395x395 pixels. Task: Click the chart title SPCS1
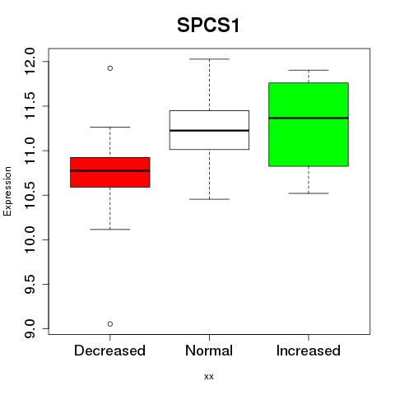click(208, 26)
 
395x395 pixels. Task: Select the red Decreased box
click(110, 172)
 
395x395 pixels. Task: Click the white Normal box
click(209, 130)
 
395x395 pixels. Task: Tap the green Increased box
click(309, 124)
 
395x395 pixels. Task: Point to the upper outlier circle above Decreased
click(110, 68)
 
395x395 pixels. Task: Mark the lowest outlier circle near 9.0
click(110, 324)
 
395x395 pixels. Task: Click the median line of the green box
click(309, 118)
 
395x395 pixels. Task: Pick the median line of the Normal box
click(209, 130)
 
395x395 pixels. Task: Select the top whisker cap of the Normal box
click(209, 59)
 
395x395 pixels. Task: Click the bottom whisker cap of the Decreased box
click(110, 229)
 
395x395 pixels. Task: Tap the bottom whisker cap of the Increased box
click(309, 193)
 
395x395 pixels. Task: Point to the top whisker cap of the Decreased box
click(110, 127)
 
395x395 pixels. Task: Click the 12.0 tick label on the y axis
click(30, 61)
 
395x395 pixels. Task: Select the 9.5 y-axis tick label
click(30, 284)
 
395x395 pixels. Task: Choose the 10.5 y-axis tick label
click(30, 195)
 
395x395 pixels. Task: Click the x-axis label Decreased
click(109, 351)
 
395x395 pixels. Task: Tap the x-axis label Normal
click(209, 351)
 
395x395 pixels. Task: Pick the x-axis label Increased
click(309, 351)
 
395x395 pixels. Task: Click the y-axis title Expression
click(7, 191)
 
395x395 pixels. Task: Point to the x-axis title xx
click(209, 377)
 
